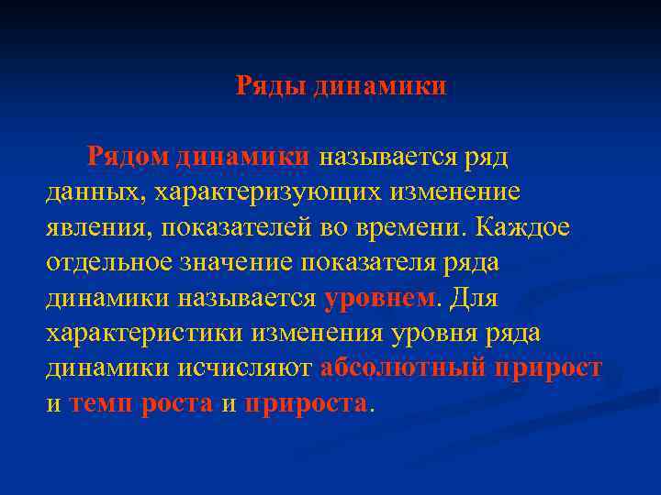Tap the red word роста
click(x=178, y=403)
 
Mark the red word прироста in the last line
click(x=307, y=403)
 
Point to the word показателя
click(x=389, y=262)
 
